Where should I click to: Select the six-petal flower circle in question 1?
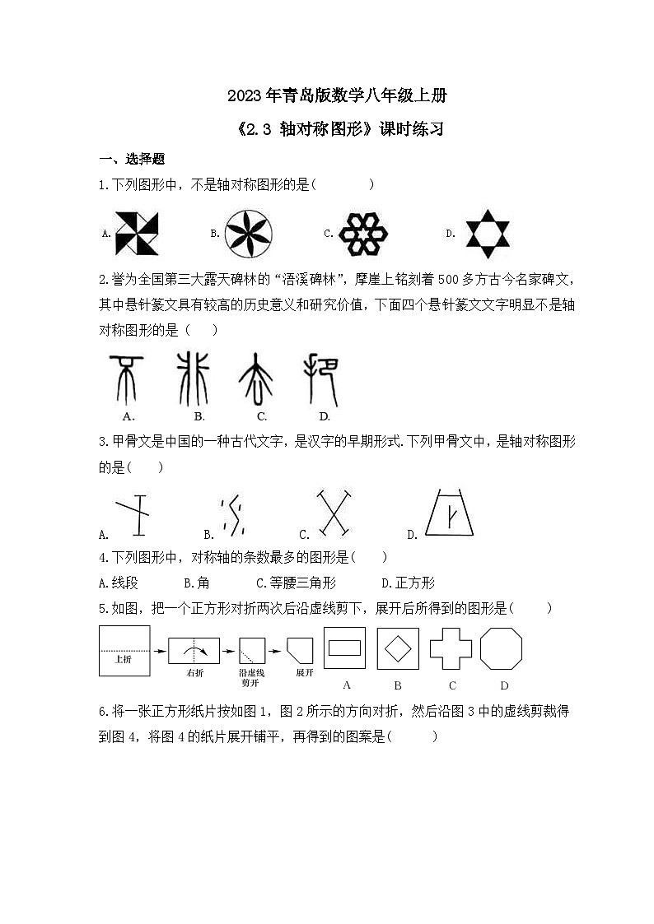pos(249,232)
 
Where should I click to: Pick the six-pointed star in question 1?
pos(487,233)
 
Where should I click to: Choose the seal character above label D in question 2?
pos(321,378)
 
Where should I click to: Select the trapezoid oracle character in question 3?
pos(451,514)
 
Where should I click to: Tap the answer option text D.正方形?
pos(409,583)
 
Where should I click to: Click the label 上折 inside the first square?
pos(124,659)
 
